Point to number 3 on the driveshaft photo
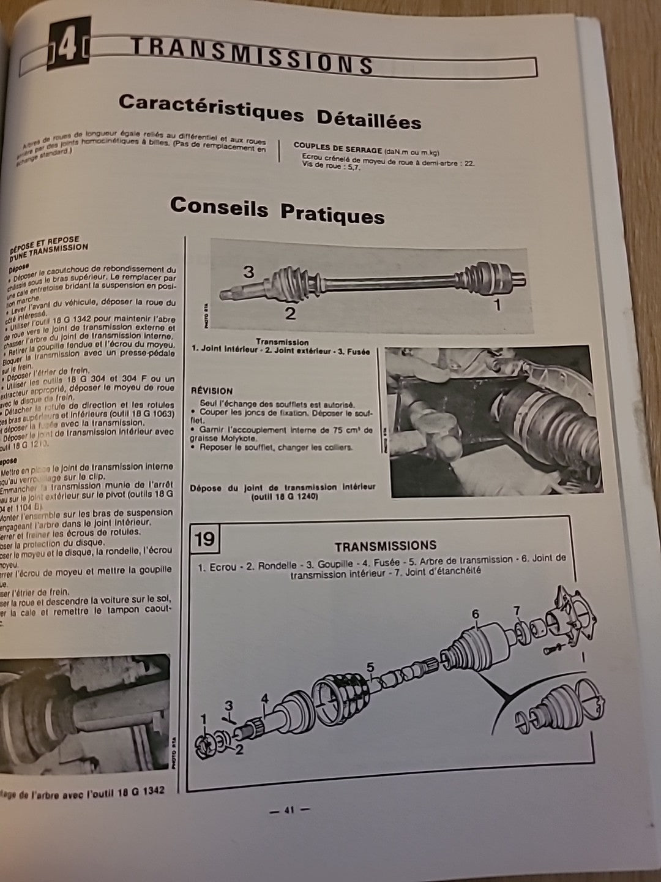click(248, 271)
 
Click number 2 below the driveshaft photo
click(290, 314)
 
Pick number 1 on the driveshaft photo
click(497, 304)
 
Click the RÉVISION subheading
click(212, 390)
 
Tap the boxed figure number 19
click(205, 538)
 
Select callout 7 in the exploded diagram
click(517, 610)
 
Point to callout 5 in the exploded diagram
click(370, 667)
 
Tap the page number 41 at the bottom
click(289, 810)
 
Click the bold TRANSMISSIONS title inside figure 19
click(385, 545)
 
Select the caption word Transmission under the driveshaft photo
click(282, 342)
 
